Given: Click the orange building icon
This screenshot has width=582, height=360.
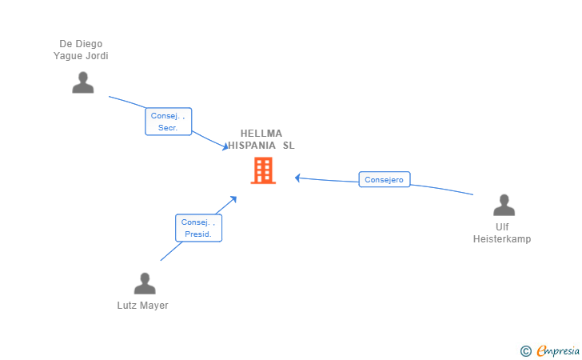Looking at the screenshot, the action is (x=263, y=170).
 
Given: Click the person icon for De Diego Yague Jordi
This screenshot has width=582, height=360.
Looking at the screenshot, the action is (x=83, y=82).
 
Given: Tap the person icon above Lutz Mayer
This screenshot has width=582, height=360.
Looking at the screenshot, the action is (x=145, y=283).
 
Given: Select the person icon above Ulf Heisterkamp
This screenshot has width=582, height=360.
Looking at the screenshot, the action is (x=504, y=205).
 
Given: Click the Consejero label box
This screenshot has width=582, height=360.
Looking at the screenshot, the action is (x=385, y=179).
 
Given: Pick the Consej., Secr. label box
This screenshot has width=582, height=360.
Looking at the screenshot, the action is (x=168, y=122).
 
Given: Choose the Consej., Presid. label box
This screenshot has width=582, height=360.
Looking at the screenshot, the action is (x=198, y=228).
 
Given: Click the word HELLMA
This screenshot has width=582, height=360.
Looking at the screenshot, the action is (x=261, y=134).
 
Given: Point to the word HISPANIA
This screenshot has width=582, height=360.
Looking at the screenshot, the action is (x=252, y=146).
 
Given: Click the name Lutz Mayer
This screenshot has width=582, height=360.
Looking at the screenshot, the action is (x=143, y=306).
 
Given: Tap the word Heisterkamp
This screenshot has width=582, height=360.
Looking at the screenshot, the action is (x=502, y=239).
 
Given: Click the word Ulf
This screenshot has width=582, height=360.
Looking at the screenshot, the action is (x=502, y=227).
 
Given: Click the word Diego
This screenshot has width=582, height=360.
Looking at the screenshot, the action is (x=88, y=44).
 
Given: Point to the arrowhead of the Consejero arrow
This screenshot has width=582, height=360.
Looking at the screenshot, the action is (x=297, y=178).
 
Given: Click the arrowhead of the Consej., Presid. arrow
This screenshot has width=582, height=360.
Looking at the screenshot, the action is (x=233, y=199).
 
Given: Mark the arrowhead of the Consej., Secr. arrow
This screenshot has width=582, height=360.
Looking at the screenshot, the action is (x=225, y=147).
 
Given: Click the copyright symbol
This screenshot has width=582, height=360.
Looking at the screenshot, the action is (x=526, y=351).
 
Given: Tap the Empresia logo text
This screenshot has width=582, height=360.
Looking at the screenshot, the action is (x=558, y=350).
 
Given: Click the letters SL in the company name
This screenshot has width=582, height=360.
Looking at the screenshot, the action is (x=289, y=146).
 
